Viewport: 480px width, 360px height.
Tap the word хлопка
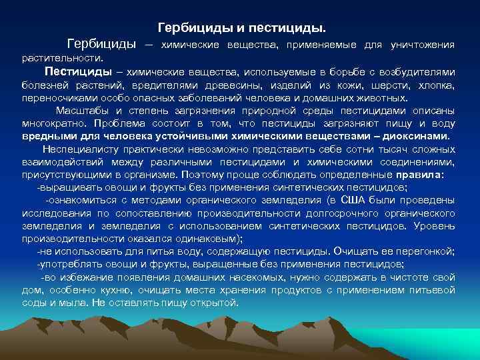pyautogui.click(x=435, y=85)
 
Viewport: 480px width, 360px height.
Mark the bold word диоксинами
pyautogui.click(x=417, y=136)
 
